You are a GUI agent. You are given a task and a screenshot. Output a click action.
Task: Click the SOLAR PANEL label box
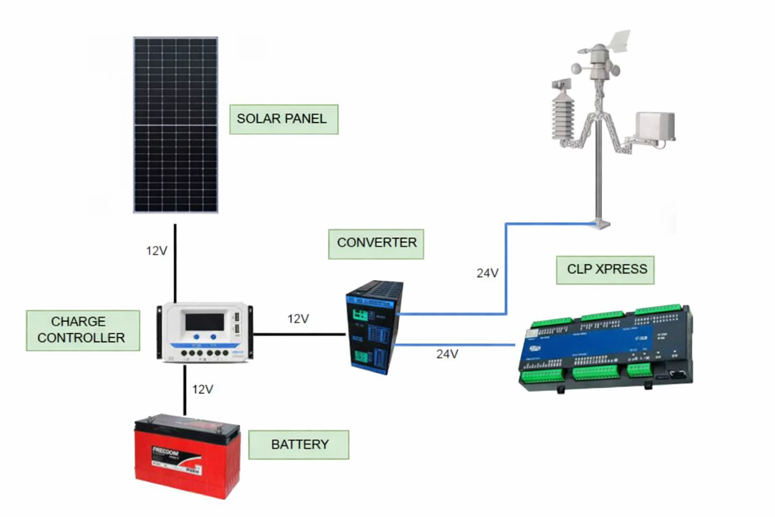pos(284,119)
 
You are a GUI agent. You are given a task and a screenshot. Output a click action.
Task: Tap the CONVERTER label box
pos(376,244)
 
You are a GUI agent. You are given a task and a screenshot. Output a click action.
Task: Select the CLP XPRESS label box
pos(605,270)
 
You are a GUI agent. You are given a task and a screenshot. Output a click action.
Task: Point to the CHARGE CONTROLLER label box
pos(83,330)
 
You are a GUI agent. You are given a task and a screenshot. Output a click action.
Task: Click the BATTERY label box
pos(299,445)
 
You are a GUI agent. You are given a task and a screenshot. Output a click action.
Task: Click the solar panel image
pos(176,125)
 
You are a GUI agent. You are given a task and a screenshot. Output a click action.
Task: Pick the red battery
pos(187,456)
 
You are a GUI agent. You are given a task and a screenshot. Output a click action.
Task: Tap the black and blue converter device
pos(374,327)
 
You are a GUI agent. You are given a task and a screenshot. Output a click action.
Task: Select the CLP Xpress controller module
pos(605,348)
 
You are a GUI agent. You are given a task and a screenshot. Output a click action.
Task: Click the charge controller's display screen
pos(205,322)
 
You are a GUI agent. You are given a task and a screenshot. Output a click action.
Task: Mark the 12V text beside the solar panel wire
pos(156,251)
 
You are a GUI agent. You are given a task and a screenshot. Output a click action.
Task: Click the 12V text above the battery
pos(202,389)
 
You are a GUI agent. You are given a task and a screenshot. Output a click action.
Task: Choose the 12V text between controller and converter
pos(298,319)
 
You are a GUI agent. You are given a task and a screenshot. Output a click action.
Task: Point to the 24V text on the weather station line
pos(487,273)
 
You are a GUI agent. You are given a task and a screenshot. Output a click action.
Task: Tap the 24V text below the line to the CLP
pos(447,354)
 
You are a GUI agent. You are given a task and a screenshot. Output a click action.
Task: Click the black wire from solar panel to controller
pos(175,263)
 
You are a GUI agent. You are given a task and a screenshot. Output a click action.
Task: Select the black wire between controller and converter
pos(299,334)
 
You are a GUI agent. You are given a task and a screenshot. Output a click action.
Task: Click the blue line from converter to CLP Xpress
pos(454,345)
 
